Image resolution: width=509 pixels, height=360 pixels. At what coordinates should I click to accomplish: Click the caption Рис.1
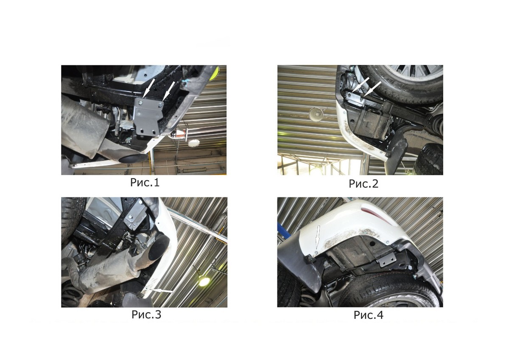coord(145,183)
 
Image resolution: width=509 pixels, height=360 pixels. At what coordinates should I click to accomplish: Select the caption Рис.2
coord(364,183)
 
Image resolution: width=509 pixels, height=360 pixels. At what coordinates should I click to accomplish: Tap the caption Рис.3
coord(146,315)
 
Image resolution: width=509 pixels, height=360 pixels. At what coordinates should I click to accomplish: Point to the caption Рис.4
coord(368,315)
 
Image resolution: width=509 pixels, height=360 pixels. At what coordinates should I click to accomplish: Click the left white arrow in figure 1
coord(149,88)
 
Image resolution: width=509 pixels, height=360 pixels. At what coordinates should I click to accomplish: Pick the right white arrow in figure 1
coord(169,91)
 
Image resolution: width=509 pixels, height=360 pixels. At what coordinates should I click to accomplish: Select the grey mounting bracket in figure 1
coord(148,117)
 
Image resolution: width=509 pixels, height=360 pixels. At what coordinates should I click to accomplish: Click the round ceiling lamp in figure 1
coord(194,143)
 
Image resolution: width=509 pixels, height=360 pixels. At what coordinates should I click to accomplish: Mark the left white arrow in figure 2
coord(361,84)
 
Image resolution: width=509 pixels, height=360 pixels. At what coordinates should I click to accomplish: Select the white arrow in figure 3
coord(162,290)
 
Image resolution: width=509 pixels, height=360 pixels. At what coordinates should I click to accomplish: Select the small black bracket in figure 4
coord(388,259)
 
